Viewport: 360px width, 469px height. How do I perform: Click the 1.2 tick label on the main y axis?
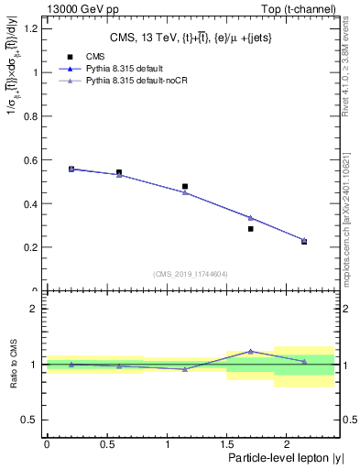(30, 28)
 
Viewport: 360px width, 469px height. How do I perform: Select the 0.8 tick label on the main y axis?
(30, 115)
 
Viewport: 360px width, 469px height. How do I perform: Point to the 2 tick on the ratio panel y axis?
(36, 309)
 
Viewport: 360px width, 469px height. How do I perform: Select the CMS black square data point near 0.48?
(185, 186)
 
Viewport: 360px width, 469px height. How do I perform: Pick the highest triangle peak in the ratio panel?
(250, 351)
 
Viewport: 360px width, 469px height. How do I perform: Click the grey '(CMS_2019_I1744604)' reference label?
(190, 274)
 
